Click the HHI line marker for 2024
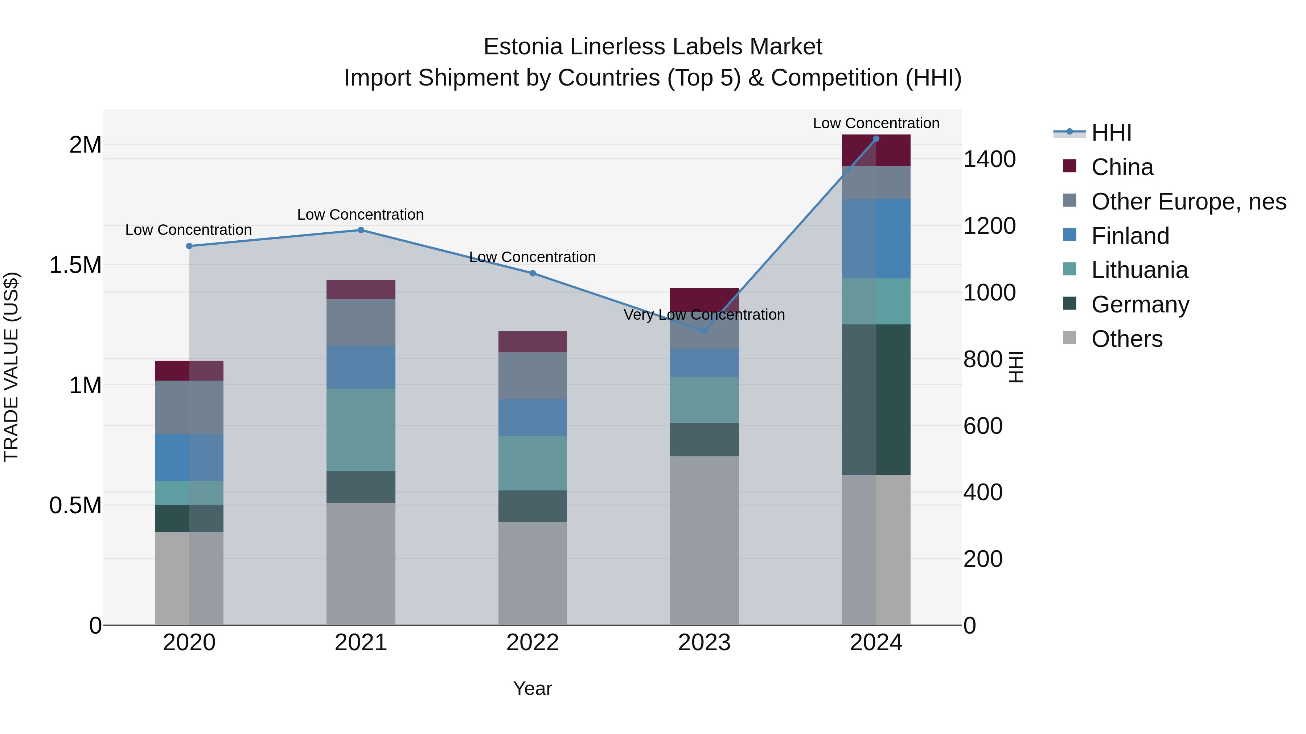pyautogui.click(x=876, y=139)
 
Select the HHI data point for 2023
pyautogui.click(x=704, y=331)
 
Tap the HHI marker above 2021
pyautogui.click(x=361, y=230)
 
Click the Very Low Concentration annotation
pyautogui.click(x=704, y=315)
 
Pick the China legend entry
pyautogui.click(x=1122, y=167)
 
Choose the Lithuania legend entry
pyautogui.click(x=1139, y=270)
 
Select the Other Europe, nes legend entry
pyautogui.click(x=1188, y=202)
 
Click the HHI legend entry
pyautogui.click(x=1111, y=133)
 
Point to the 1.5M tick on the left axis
pyautogui.click(x=75, y=265)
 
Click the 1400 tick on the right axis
pyautogui.click(x=989, y=159)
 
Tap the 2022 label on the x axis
pyautogui.click(x=532, y=643)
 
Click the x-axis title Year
pyautogui.click(x=532, y=688)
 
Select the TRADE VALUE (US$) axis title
pyautogui.click(x=11, y=367)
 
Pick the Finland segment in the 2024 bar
pyautogui.click(x=876, y=239)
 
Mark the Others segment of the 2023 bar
pyautogui.click(x=704, y=540)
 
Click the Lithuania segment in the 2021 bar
pyautogui.click(x=361, y=430)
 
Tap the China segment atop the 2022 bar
pyautogui.click(x=532, y=342)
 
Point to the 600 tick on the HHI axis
pyautogui.click(x=982, y=426)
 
